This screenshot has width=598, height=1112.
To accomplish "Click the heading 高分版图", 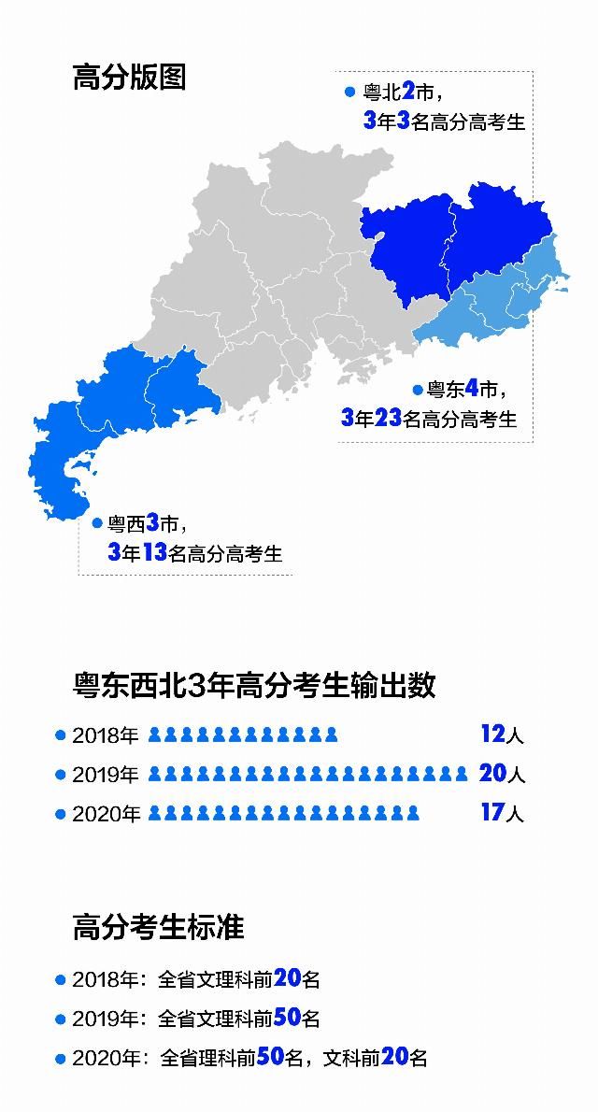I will [x=129, y=77].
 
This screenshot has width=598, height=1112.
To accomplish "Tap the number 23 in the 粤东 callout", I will [x=388, y=418].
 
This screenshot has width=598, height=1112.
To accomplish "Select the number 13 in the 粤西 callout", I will [x=154, y=552].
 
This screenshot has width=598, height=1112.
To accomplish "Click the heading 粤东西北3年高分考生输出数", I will [x=254, y=685].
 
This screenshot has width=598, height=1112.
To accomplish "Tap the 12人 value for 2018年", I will [x=502, y=734].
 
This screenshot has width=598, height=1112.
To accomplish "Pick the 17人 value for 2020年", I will [x=502, y=813].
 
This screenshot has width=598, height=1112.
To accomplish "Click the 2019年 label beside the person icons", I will [x=105, y=775].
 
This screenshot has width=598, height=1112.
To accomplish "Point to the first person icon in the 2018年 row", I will [x=155, y=735].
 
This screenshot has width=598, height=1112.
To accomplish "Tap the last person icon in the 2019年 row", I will [x=460, y=775].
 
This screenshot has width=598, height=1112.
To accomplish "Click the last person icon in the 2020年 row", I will [x=412, y=814].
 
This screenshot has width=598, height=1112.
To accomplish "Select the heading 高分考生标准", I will [x=158, y=927].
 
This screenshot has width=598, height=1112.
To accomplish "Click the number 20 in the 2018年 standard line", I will [x=287, y=978].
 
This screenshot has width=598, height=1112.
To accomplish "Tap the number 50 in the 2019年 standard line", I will [x=287, y=1018].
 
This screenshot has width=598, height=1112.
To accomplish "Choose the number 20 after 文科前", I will [x=393, y=1058].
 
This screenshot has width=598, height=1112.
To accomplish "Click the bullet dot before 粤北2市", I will [x=349, y=93].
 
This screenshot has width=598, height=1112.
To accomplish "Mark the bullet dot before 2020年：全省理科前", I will [x=61, y=1059].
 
